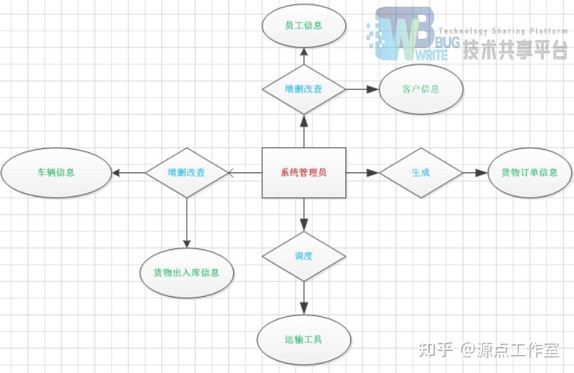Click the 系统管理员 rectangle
pos(304,172)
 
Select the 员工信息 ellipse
pos(304,26)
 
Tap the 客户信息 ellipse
pos(421,89)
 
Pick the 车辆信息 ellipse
pos(56,172)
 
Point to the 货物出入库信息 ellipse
pos(187,273)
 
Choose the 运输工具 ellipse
pos(304,340)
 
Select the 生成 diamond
pos(421,172)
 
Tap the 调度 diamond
pos(304,256)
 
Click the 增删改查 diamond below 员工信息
pos(304,89)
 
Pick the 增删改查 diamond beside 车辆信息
pos(187,172)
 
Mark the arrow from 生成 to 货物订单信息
pos(475,172)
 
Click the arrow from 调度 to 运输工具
pos(304,298)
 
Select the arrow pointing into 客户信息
pos(363,89)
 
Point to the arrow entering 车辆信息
pos(128,172)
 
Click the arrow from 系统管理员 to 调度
pos(304,215)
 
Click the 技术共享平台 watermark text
pos(515,49)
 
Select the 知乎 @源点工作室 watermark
pos(488,349)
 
